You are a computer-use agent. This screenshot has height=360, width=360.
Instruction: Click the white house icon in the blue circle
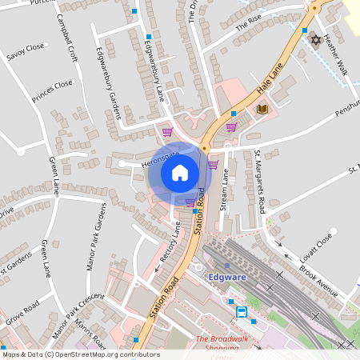pos(180,172)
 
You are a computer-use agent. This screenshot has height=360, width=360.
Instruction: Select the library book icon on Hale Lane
pos(262,109)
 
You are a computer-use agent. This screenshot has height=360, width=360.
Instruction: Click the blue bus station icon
pos(242,312)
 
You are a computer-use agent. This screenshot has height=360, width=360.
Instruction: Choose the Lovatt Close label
pos(323,250)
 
